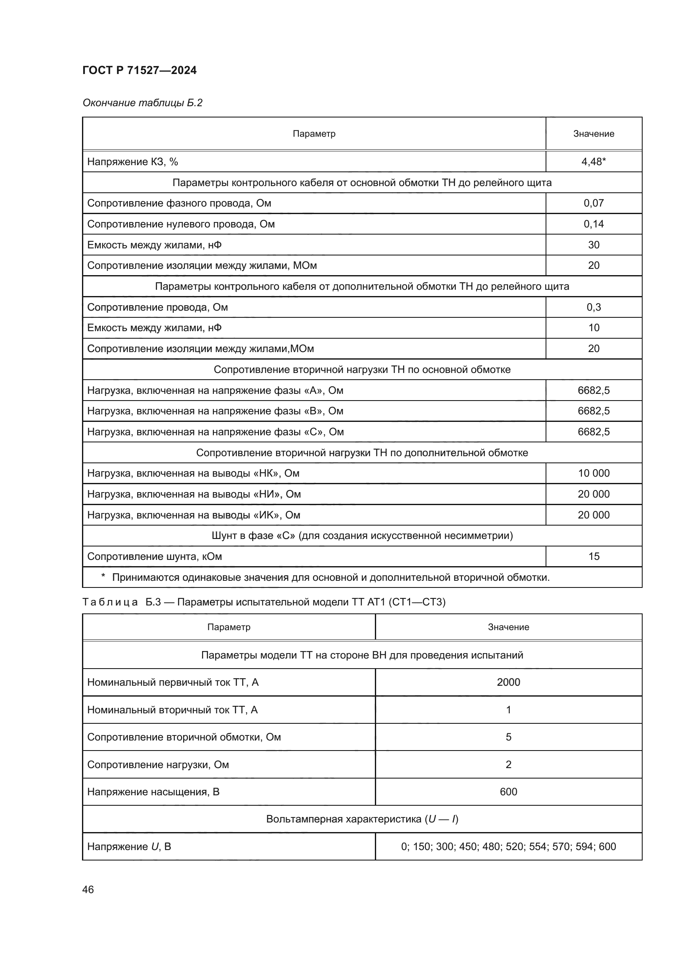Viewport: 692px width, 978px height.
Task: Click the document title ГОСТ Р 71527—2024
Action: tap(139, 70)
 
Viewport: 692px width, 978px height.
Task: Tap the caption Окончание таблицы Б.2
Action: tap(142, 103)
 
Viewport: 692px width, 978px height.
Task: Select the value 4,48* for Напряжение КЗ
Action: tap(593, 161)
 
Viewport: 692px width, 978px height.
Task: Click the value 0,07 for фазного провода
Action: tap(593, 203)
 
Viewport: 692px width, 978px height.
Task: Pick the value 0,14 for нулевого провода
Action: tap(593, 224)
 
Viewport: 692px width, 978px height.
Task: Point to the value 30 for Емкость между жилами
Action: tap(593, 245)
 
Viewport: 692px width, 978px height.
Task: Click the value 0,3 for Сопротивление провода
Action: tap(593, 307)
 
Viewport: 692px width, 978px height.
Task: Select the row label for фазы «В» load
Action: tap(215, 411)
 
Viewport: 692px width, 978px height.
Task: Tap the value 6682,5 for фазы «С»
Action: tap(593, 432)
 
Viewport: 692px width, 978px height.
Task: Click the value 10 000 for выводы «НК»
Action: tap(593, 473)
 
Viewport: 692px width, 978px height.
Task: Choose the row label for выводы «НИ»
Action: tap(194, 494)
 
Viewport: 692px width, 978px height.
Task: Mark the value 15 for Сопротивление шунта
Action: tap(593, 556)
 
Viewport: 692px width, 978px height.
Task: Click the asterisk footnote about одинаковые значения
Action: tap(325, 577)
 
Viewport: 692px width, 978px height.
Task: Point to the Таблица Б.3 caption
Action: tap(264, 602)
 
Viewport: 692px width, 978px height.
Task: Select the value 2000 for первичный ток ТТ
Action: tap(508, 682)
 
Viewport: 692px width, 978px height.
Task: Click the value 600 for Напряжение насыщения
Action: tap(508, 792)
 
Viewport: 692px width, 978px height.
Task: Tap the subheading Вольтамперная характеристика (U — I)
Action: tap(362, 819)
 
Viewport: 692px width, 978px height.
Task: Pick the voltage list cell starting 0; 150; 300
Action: tap(508, 846)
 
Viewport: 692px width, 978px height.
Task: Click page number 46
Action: tap(88, 889)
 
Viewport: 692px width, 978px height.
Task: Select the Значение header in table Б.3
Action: tap(508, 627)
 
